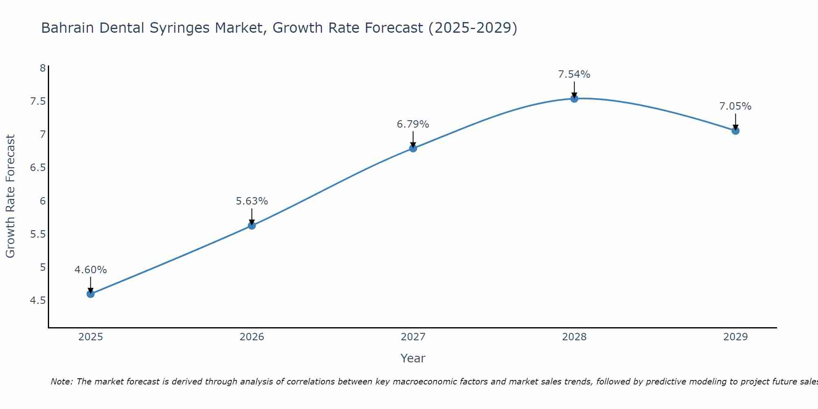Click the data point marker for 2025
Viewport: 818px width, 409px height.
90,294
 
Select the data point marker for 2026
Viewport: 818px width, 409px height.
252,225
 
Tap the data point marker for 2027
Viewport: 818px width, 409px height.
413,148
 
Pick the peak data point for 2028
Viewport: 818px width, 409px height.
574,98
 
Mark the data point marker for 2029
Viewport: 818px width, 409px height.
735,131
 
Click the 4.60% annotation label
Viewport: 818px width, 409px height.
90,270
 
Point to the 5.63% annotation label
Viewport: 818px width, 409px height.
252,201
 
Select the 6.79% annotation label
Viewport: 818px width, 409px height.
413,124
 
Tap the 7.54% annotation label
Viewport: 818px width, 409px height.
574,74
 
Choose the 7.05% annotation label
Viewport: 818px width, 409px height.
735,106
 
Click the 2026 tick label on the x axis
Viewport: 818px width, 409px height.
252,337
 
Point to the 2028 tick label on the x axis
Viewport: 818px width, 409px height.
574,337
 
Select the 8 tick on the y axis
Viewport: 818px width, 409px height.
43,68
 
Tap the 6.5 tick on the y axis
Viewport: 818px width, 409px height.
38,168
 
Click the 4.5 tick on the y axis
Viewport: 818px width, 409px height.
38,301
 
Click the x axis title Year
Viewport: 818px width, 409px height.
413,358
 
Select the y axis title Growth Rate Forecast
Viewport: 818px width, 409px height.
10,196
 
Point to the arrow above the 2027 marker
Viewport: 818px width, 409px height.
413,139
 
